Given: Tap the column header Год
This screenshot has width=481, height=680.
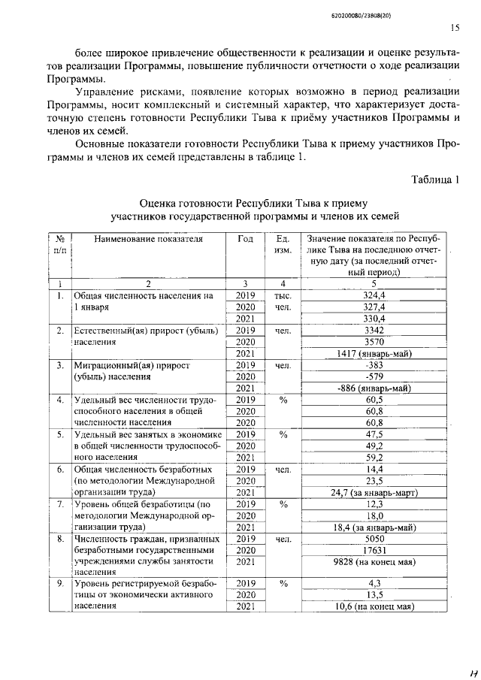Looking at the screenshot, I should pos(245,239).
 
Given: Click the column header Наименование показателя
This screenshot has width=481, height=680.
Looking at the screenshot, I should pos(149,239).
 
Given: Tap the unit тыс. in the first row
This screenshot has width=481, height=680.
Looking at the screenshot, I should pos(283,296).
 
